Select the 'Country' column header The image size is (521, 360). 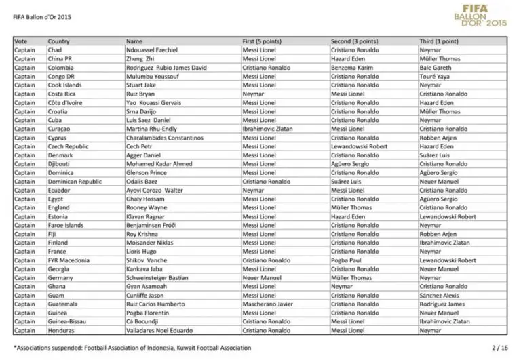(x=58, y=41)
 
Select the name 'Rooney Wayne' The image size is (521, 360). (x=147, y=207)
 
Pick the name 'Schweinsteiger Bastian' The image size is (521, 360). (x=157, y=277)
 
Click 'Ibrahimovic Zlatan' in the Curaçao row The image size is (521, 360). (x=267, y=129)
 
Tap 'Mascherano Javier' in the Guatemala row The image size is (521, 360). (x=267, y=304)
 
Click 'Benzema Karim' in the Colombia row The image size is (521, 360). (x=351, y=68)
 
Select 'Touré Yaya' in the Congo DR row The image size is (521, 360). (x=433, y=77)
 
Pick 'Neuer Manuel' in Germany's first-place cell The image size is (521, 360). (x=260, y=277)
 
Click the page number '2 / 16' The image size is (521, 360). (x=498, y=348)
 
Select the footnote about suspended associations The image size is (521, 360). (x=132, y=348)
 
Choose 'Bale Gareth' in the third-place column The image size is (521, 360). (x=434, y=68)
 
